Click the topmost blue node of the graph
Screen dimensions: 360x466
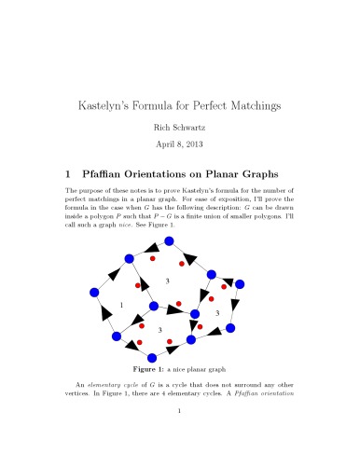(169, 241)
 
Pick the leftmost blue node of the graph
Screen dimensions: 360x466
(94, 293)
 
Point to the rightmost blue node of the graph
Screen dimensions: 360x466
(240, 283)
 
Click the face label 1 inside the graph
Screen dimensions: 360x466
(122, 306)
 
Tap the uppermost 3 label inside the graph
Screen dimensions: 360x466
(167, 281)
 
